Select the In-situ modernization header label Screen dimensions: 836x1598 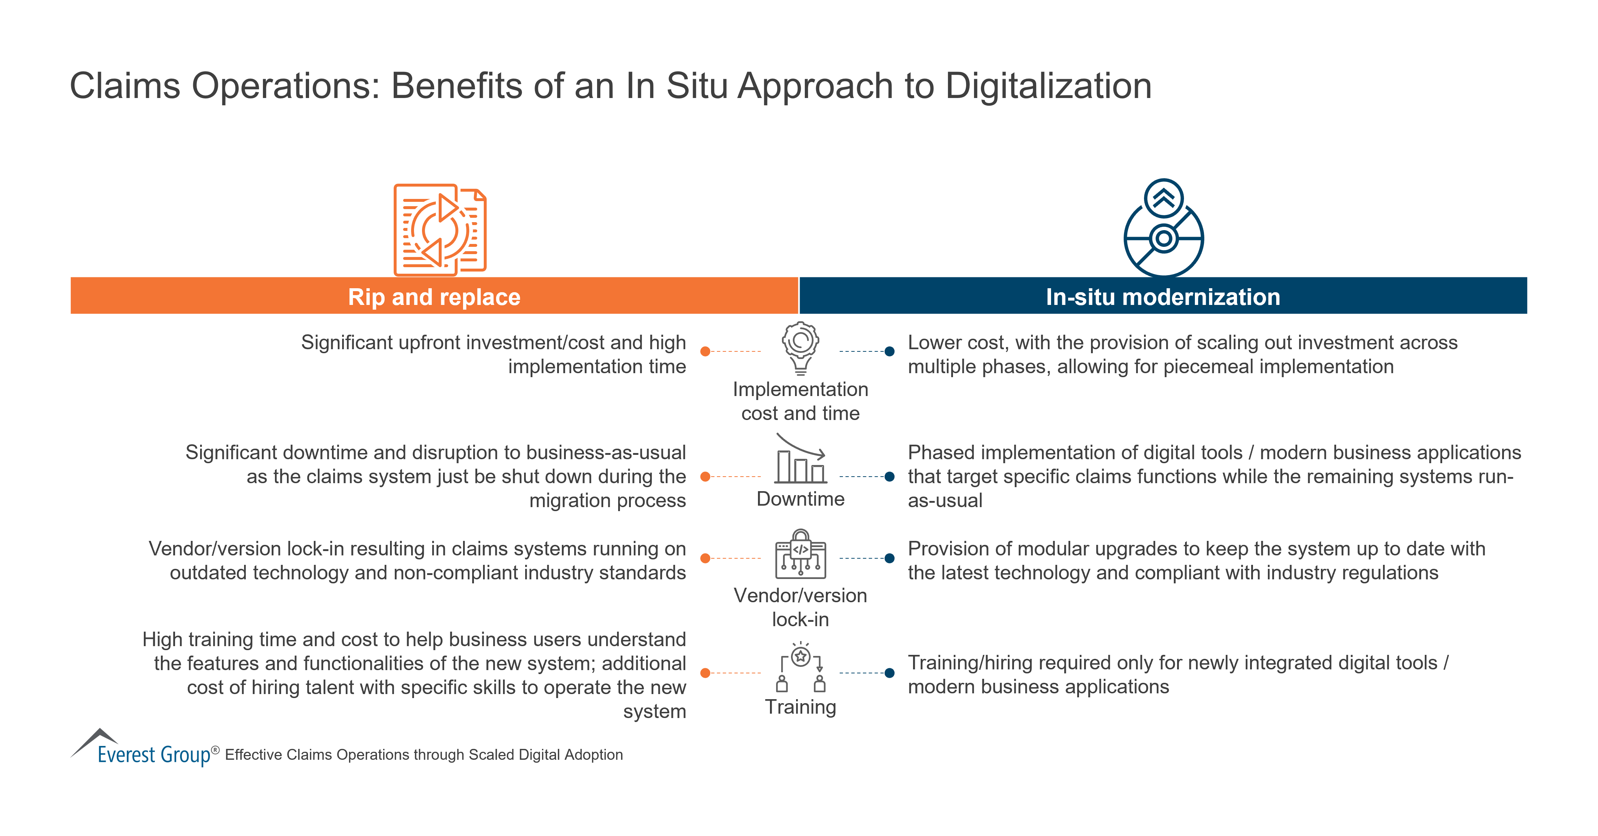(x=1163, y=297)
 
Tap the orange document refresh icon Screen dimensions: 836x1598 (x=440, y=229)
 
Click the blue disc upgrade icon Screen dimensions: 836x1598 (x=1163, y=228)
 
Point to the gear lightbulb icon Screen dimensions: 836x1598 (x=800, y=347)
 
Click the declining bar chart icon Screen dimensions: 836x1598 (x=800, y=459)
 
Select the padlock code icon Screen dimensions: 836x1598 (x=800, y=554)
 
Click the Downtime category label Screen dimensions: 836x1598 (x=800, y=499)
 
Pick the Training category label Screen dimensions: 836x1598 (x=800, y=707)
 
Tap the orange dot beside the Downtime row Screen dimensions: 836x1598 (x=705, y=477)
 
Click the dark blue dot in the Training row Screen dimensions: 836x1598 (x=889, y=673)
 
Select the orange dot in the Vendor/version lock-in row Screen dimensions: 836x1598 (x=705, y=558)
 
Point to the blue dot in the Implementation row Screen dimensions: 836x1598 (x=889, y=352)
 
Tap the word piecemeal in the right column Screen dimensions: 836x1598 (x=1216, y=367)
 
